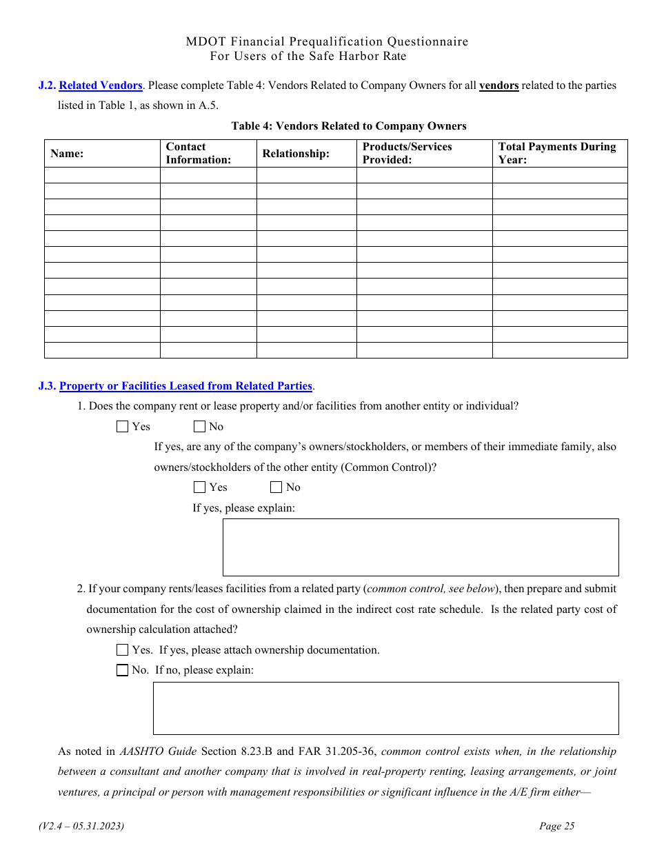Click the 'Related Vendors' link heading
101,85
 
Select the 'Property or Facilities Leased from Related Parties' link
185,386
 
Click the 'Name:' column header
67,154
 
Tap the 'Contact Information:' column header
199,154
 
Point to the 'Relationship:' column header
296,154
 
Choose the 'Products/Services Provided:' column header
407,154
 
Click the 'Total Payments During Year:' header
557,154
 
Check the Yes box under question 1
123,427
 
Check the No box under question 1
200,427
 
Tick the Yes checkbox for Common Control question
200,487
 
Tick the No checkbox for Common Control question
276,487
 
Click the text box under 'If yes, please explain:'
421,547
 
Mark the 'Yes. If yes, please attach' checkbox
123,650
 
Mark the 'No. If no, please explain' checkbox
123,670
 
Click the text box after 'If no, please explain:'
385,708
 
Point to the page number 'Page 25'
556,826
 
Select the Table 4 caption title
349,126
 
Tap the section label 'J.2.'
47,85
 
